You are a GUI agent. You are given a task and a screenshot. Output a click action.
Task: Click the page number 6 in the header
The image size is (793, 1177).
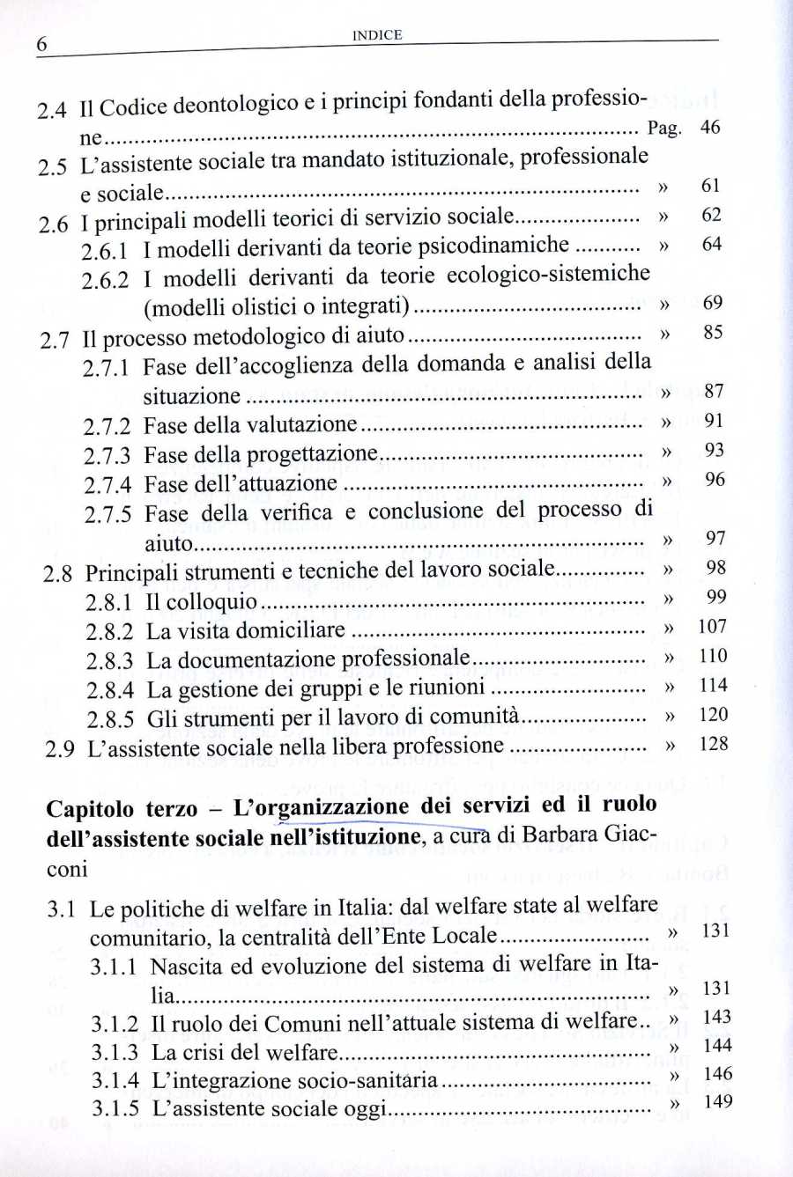tap(41, 44)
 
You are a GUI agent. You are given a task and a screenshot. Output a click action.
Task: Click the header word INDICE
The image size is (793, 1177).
tap(377, 35)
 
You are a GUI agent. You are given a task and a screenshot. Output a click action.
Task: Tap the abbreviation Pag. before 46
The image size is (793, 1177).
tap(664, 129)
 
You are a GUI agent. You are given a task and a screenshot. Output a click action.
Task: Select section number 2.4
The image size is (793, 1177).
tap(52, 111)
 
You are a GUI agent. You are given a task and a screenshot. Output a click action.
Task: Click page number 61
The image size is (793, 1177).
tap(711, 185)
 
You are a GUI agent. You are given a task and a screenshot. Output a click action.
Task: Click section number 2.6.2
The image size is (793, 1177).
tap(105, 281)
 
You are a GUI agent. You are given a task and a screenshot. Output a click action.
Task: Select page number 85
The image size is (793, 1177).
tap(713, 333)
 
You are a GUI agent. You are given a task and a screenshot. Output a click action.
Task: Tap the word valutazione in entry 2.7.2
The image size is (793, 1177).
tap(301, 424)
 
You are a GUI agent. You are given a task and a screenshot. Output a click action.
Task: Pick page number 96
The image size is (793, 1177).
tap(715, 480)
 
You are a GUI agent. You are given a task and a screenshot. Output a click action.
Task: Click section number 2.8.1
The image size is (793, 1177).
tap(108, 603)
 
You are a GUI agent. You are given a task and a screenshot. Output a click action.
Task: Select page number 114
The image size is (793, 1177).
tap(713, 685)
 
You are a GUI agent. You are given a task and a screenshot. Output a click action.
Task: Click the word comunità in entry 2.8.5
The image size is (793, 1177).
tap(476, 717)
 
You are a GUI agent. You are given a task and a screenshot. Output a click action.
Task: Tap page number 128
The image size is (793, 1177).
tap(714, 744)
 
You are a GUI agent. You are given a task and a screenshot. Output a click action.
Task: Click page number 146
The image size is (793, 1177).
tap(718, 1073)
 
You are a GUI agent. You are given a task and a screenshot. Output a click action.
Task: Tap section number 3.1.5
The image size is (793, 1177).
tap(115, 1107)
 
